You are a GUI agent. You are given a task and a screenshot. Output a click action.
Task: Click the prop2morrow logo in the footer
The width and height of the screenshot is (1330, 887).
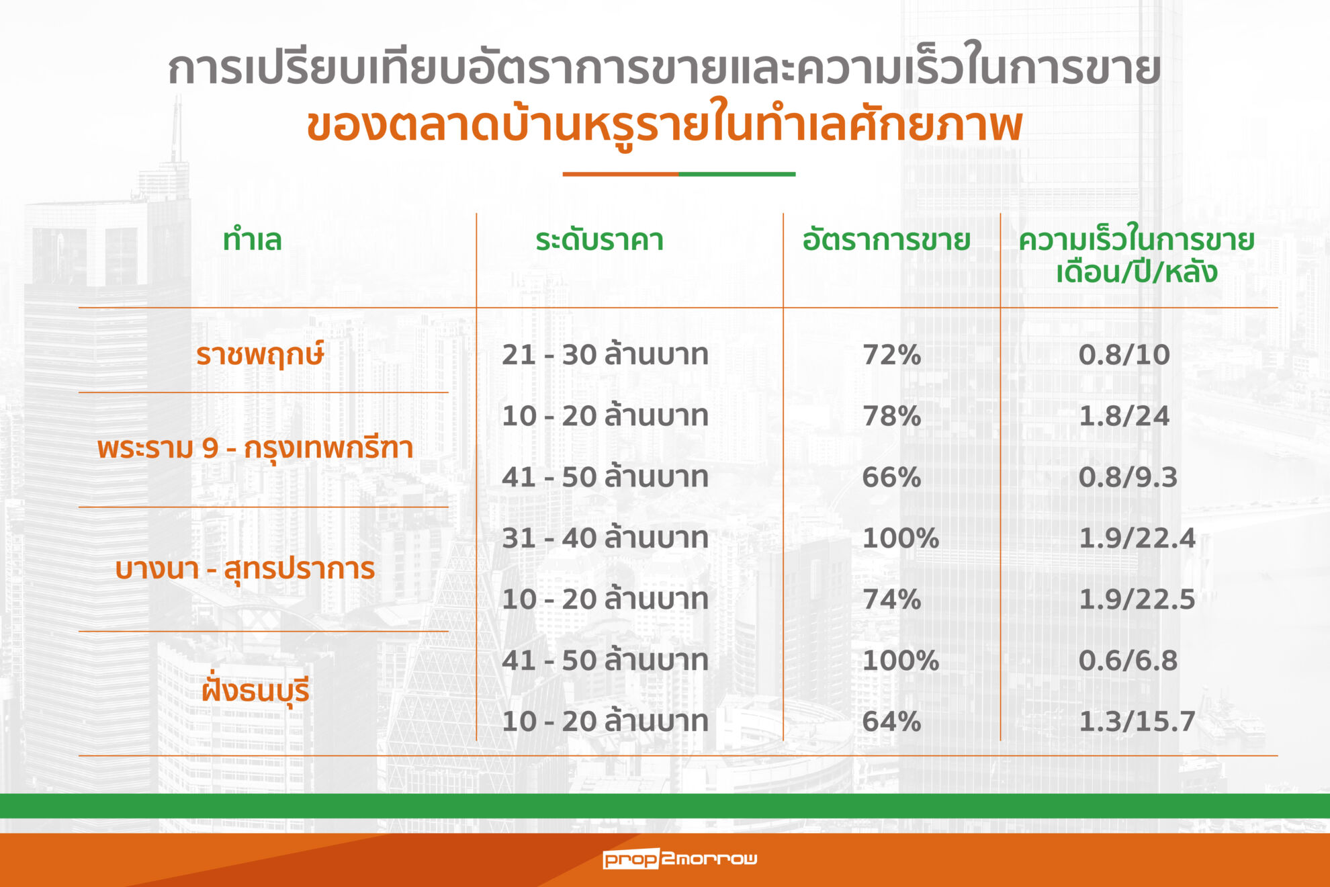click(680, 859)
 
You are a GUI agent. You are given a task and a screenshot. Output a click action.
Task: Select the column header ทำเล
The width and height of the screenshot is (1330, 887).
click(253, 240)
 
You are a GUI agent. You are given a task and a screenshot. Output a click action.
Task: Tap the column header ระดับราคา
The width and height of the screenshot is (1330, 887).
click(599, 240)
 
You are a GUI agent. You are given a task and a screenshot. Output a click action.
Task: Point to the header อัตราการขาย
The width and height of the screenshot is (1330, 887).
click(886, 239)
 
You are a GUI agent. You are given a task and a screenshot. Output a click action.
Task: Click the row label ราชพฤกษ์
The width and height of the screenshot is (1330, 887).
click(260, 354)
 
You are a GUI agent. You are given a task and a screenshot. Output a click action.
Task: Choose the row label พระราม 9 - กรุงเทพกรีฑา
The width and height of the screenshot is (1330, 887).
click(255, 448)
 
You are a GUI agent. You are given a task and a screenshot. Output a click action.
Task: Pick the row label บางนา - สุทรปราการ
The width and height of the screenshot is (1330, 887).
click(245, 568)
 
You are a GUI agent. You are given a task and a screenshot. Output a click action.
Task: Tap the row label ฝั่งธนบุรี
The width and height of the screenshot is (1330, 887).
click(255, 689)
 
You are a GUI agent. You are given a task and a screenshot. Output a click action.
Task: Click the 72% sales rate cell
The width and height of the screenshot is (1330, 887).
click(891, 354)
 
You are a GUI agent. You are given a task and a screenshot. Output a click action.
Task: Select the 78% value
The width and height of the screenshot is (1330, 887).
click(891, 416)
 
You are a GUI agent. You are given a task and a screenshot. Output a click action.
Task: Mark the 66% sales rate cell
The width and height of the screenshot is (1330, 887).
click(891, 477)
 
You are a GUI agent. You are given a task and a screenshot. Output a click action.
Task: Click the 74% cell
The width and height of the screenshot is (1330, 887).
click(891, 599)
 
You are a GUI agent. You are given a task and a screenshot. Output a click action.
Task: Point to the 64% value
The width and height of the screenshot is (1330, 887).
click(891, 722)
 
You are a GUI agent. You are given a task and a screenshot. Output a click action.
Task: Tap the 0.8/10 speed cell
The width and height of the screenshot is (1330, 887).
click(1124, 354)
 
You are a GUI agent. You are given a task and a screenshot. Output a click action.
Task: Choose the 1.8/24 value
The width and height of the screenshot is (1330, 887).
click(1124, 416)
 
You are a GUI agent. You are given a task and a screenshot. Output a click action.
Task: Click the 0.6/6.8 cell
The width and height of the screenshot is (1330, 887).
click(1128, 661)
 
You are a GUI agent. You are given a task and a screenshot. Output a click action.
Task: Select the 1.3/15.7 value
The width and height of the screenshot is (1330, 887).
click(1137, 722)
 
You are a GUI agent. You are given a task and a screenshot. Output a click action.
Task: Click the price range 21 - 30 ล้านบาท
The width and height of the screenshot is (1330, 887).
click(605, 354)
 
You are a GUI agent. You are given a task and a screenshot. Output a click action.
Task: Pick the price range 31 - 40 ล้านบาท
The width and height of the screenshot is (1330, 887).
click(605, 538)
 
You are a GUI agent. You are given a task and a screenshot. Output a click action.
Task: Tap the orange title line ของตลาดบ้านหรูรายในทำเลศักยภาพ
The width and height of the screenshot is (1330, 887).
click(664, 126)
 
